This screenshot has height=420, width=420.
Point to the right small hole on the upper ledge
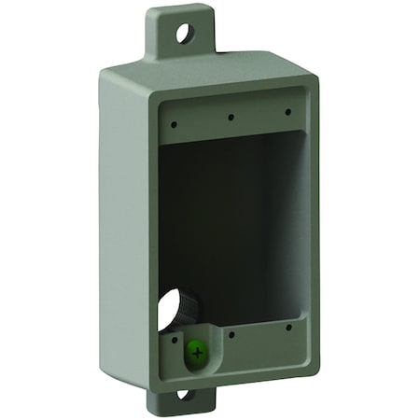pyautogui.click(x=287, y=112)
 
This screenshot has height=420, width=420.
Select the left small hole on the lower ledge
pyautogui.click(x=175, y=341)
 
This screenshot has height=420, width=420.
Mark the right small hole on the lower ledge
pyautogui.click(x=288, y=326)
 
